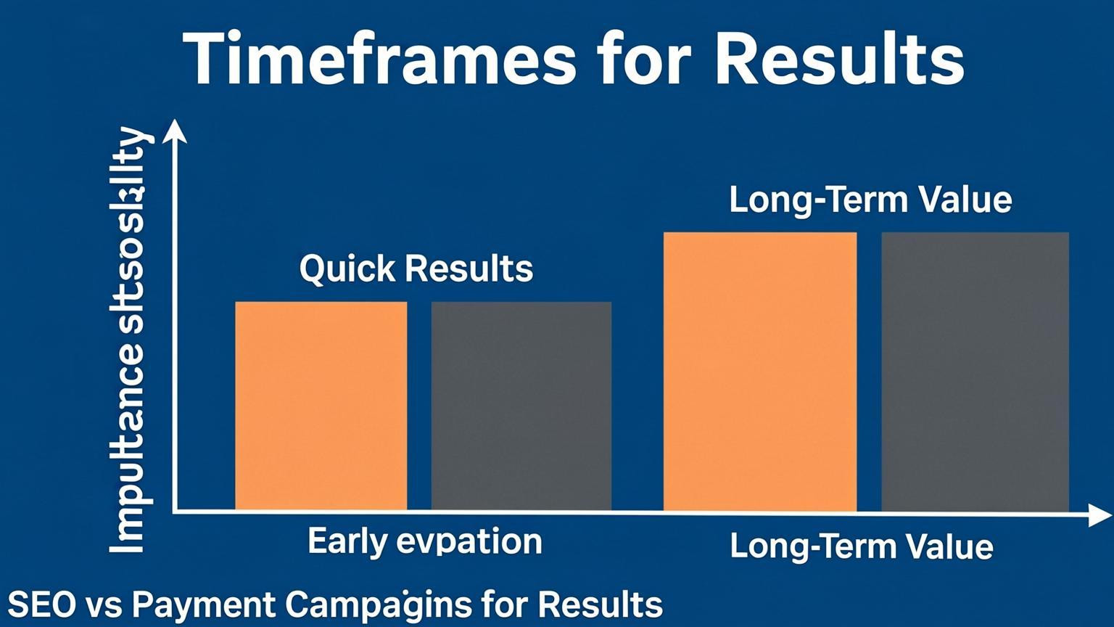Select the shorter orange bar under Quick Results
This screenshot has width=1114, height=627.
tap(321, 406)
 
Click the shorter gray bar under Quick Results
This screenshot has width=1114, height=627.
tap(521, 406)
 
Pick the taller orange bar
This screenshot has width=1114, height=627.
tap(759, 372)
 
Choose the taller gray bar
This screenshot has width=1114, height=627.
tap(975, 372)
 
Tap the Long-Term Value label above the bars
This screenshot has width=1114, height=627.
tap(870, 200)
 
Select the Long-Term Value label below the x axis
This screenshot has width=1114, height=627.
tap(861, 546)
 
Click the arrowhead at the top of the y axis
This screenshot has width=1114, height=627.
tap(175, 131)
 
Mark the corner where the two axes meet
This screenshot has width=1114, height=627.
tap(175, 512)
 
